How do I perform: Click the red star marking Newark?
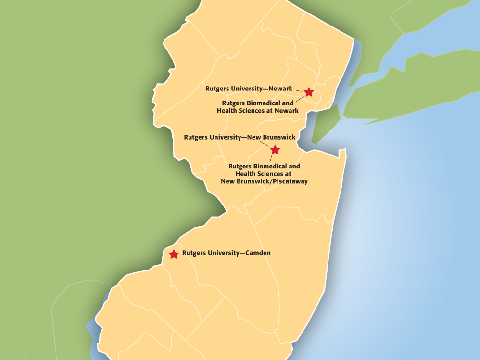pos(309,91)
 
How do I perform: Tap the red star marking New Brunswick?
pos(275,150)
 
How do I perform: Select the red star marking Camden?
pos(173,254)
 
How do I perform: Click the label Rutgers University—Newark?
pos(249,89)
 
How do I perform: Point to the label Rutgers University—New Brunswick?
pos(240,137)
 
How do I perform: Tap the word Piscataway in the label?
pos(288,181)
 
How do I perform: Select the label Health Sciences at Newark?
pos(258,111)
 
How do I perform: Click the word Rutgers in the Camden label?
pos(194,252)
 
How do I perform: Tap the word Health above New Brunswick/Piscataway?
pos(245,174)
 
